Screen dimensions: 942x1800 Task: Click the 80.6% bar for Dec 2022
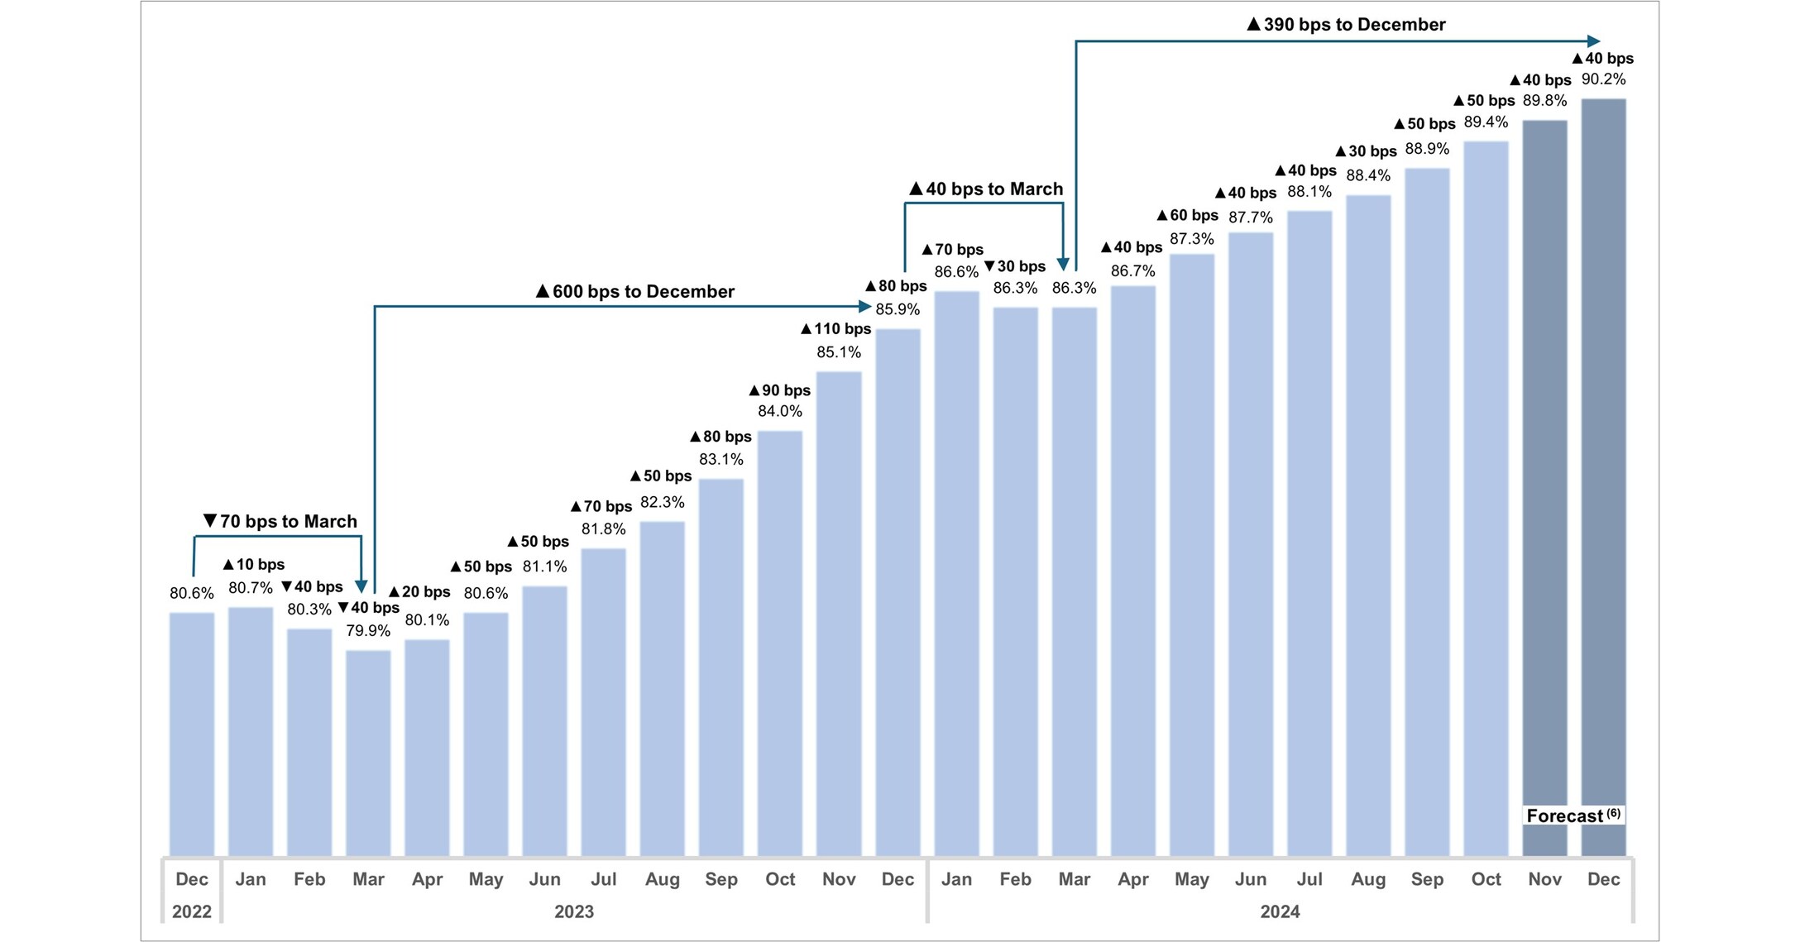pos(192,734)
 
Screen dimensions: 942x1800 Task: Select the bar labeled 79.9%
pos(368,753)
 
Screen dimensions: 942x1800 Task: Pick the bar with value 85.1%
pos(839,613)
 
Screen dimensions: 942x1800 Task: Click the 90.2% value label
pos(1603,79)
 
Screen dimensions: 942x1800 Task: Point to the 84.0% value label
pos(779,411)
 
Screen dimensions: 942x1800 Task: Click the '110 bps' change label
pos(836,329)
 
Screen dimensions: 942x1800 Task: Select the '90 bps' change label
pos(779,390)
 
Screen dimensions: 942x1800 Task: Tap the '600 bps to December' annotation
pos(635,292)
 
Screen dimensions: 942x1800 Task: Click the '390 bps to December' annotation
pos(1346,25)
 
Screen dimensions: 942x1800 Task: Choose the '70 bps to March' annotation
pos(280,522)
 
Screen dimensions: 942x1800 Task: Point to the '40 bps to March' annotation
pos(986,189)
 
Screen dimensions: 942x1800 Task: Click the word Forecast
pos(1564,816)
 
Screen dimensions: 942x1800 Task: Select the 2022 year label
pos(192,911)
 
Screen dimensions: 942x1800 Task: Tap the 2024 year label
pos(1280,911)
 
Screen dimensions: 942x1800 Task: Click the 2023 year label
pos(574,911)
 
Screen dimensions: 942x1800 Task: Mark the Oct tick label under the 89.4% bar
pos(1486,879)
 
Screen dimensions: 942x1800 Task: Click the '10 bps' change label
pos(254,565)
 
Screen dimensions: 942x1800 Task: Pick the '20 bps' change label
pos(419,592)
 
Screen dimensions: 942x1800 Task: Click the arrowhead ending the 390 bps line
pos(1594,41)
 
